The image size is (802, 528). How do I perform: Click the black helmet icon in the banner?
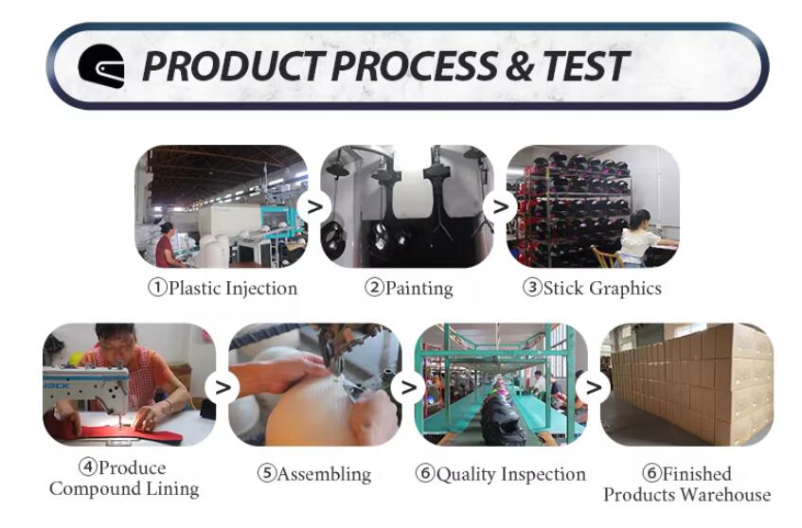tap(101, 66)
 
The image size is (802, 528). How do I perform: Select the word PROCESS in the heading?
tap(415, 66)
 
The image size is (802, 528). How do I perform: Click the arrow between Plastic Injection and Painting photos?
tap(315, 206)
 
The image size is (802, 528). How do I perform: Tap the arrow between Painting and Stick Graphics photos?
tap(501, 206)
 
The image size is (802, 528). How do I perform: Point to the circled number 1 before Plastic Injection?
tap(157, 288)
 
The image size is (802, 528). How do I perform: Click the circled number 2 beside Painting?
tap(374, 288)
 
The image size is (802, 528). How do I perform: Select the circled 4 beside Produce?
tap(88, 466)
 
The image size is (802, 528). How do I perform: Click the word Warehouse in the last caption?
tap(726, 494)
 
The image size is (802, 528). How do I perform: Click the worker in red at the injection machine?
tap(165, 245)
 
